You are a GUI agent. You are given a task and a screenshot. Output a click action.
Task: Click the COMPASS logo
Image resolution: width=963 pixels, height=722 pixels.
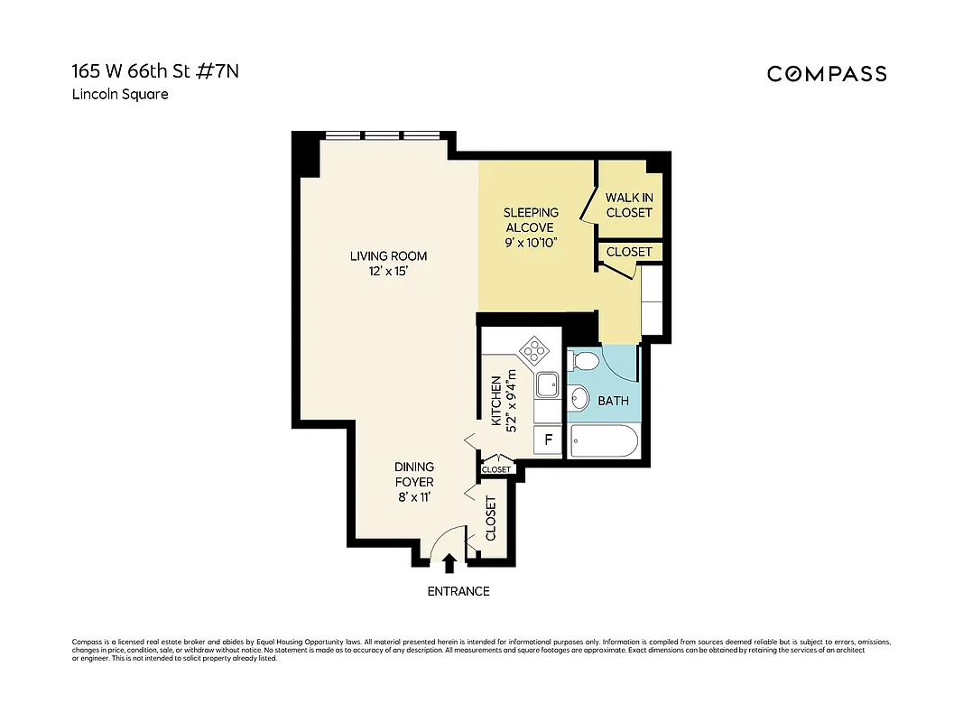pos(827,74)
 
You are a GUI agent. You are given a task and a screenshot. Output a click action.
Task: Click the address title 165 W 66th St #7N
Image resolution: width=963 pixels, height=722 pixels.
pos(156,72)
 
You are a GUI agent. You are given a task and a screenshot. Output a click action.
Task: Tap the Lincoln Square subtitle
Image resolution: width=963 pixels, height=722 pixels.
pos(120,95)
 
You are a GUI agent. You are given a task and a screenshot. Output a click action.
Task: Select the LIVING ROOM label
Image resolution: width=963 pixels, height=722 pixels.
pos(388,256)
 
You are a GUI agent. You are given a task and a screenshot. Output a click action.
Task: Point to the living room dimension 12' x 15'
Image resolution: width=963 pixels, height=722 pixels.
pos(388,272)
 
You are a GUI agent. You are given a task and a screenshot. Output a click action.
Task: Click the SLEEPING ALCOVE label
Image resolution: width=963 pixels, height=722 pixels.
pos(531,220)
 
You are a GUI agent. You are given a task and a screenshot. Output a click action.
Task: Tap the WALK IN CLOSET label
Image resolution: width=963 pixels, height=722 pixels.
pos(629,205)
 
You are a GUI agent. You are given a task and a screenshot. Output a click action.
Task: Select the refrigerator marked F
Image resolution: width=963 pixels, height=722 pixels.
pos(547,441)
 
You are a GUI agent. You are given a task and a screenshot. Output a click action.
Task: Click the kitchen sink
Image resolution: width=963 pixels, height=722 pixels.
pos(546,385)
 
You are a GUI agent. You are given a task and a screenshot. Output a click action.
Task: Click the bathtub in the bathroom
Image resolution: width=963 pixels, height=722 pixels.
pos(603,443)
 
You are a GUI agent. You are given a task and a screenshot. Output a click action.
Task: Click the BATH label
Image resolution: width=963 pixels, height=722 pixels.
pos(613,401)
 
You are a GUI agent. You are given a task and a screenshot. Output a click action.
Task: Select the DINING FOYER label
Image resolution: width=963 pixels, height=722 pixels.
pos(414,474)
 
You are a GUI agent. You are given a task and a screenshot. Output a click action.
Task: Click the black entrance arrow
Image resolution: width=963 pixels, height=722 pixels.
pos(450,564)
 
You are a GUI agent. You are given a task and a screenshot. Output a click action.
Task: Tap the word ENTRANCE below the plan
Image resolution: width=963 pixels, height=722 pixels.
pos(458,591)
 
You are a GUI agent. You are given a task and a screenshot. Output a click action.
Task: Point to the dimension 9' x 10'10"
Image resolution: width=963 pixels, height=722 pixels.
pos(530,243)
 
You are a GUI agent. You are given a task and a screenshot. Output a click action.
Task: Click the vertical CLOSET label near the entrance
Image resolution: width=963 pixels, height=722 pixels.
pos(491,518)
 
